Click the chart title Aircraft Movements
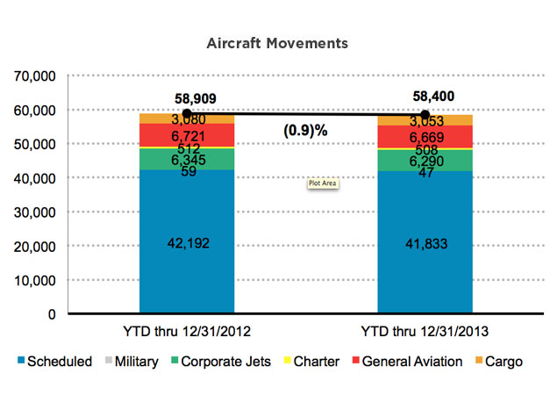coord(277,42)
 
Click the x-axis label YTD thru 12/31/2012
coord(186,334)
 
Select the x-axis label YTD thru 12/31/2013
coord(425,334)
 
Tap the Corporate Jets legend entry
coord(218,362)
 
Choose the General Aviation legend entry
coord(405,362)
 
